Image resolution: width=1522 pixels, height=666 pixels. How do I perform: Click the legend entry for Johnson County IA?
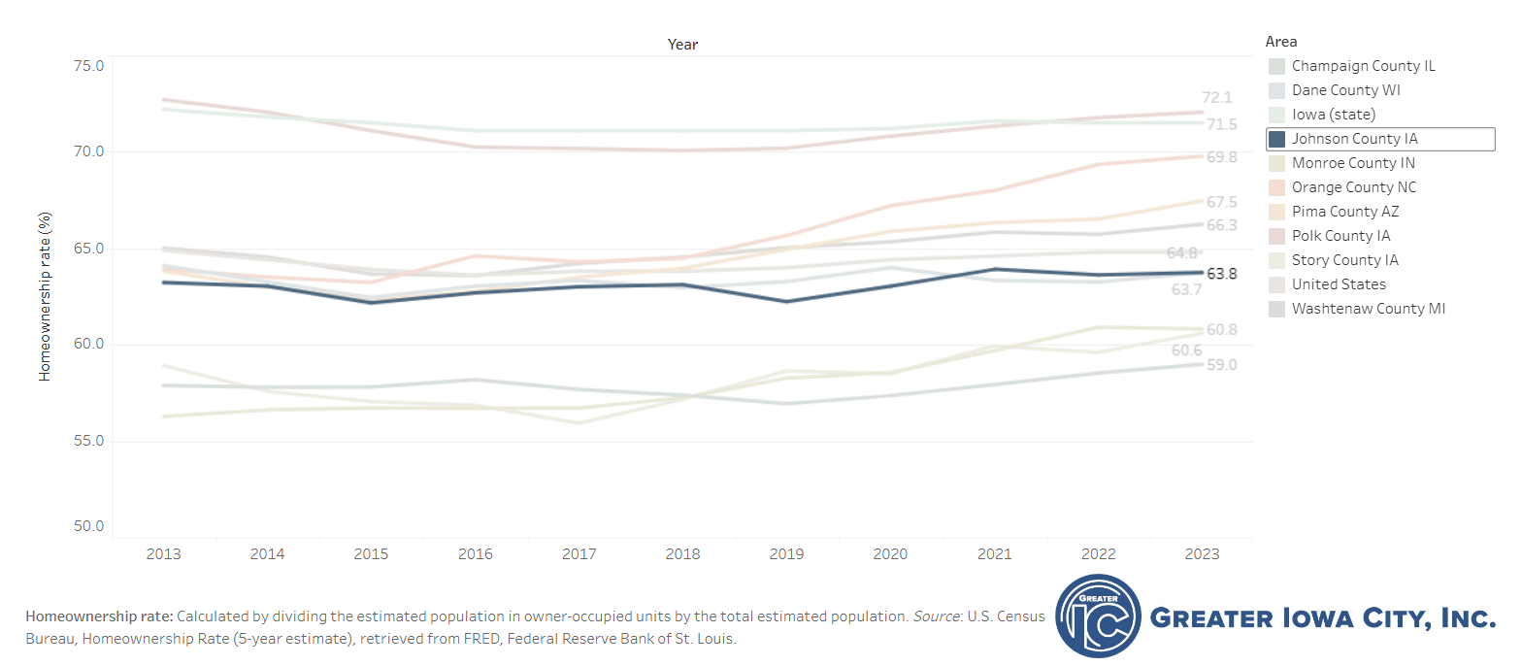pos(1380,140)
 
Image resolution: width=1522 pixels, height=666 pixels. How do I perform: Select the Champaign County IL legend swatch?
pos(1276,67)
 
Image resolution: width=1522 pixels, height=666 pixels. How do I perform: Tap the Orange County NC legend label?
pos(1354,187)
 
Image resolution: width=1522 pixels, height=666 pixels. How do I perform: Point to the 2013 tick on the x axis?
pos(163,554)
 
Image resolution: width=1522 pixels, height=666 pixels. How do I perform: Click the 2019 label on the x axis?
pos(786,554)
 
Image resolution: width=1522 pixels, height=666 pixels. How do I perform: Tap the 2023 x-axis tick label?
pos(1202,554)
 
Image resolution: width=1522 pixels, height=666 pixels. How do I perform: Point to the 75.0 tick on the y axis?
pos(89,67)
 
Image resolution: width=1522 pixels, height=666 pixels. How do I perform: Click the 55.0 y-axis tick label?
pos(89,441)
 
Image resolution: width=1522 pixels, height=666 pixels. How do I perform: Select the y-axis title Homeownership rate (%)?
pos(45,296)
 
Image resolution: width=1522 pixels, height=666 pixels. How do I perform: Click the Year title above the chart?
pos(683,45)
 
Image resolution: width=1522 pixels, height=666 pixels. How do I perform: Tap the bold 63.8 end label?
pos(1222,274)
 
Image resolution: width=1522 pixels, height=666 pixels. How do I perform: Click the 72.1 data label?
pos(1217,98)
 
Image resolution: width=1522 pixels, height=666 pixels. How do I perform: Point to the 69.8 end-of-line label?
pos(1222,157)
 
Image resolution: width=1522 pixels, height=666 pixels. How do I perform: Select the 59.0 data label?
pos(1222,365)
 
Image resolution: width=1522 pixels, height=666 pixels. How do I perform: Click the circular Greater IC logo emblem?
pos(1098,616)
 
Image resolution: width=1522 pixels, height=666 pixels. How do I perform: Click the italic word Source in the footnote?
pos(936,617)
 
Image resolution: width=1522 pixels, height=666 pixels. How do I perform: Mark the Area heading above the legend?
pos(1281,42)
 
